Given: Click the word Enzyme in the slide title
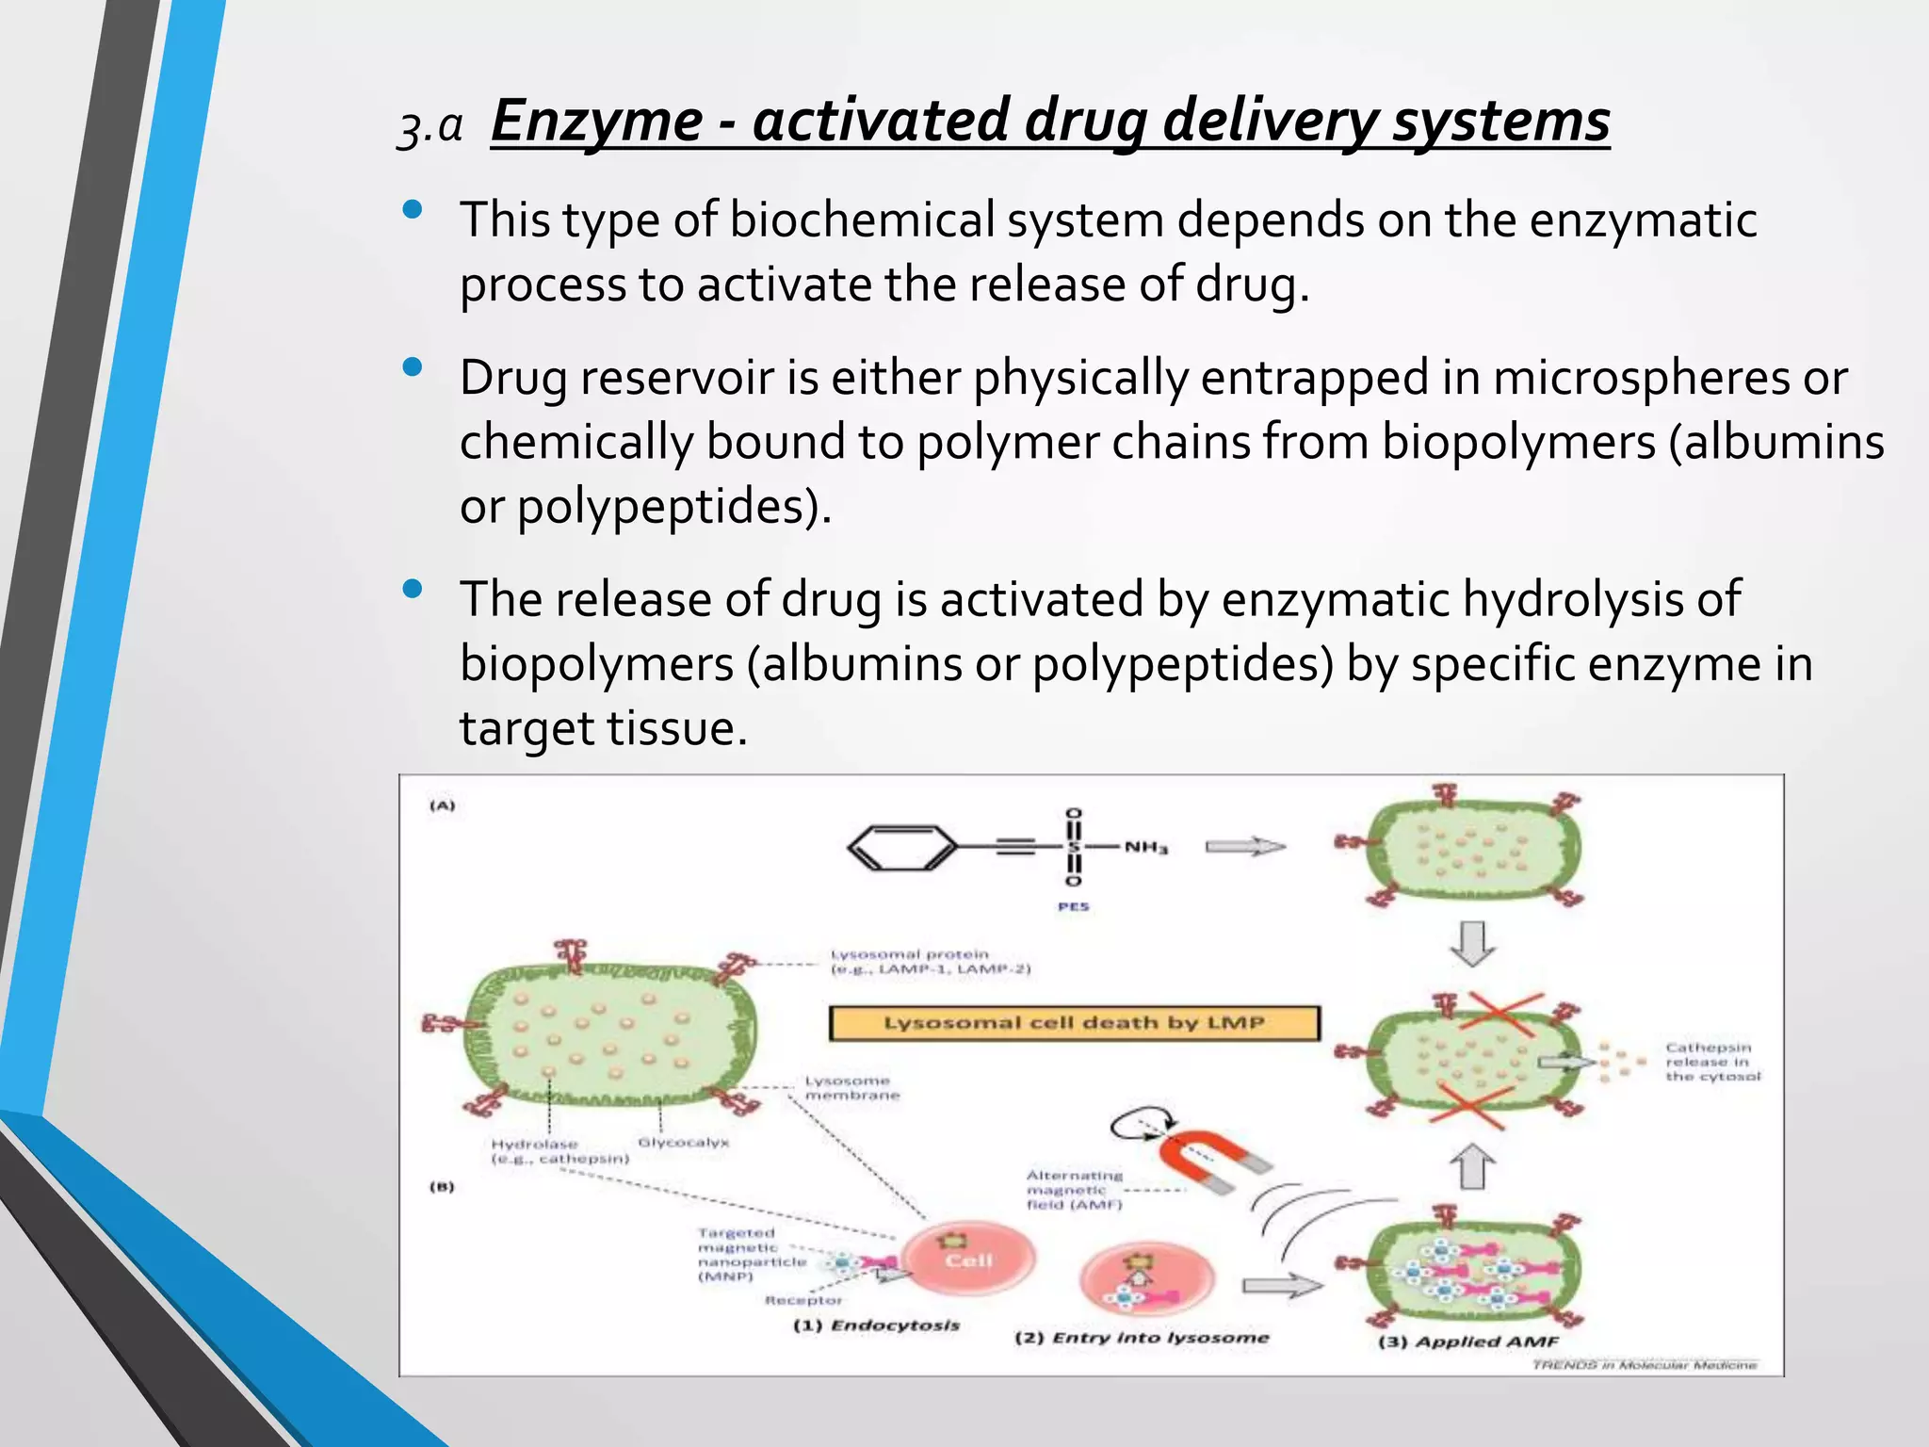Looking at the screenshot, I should point(596,122).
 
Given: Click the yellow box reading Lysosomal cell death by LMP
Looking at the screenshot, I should point(1074,1023).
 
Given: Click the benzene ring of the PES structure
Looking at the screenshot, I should point(901,847).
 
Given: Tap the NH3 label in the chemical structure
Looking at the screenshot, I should point(1145,848).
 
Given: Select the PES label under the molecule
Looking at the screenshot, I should point(1073,906).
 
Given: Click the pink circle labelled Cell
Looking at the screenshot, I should point(968,1260).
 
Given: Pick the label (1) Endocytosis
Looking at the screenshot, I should point(876,1325).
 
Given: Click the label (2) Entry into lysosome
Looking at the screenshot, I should point(1141,1338).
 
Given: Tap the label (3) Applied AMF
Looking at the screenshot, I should point(1467,1341).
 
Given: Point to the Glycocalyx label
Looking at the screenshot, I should point(683,1143).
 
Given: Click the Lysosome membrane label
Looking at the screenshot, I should point(851,1088).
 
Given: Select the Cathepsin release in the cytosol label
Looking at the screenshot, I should point(1711,1062).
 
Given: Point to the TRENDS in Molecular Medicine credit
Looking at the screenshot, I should point(1644,1364).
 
